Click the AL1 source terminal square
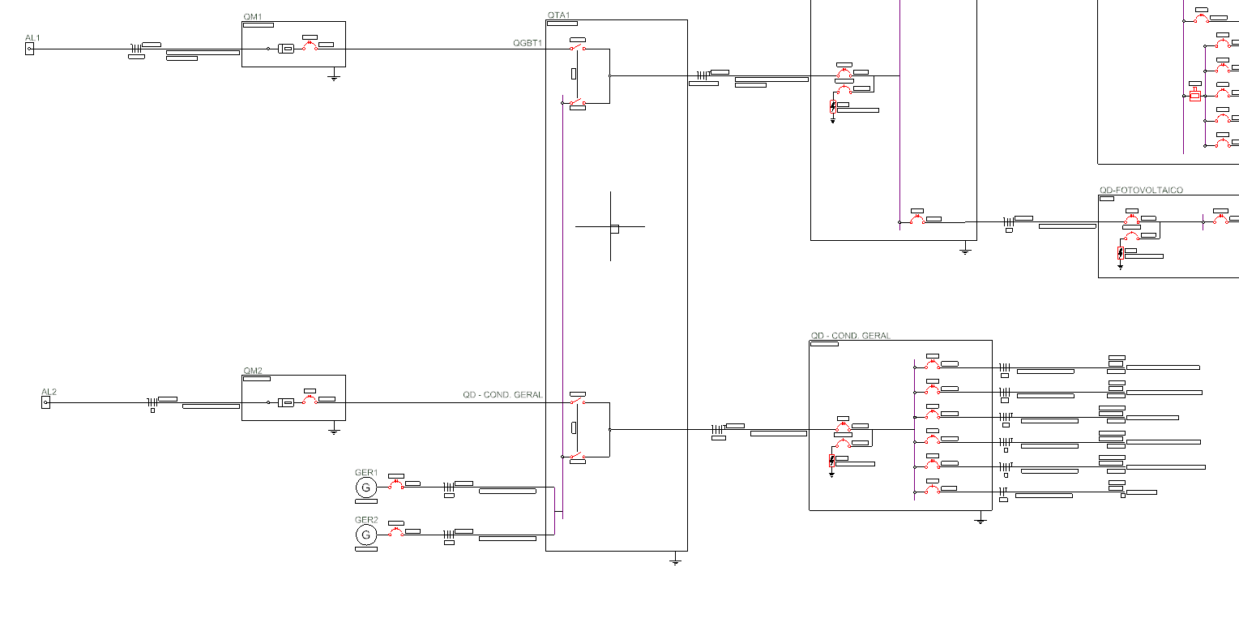pyautogui.click(x=30, y=49)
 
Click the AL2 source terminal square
pyautogui.click(x=46, y=402)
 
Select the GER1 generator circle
pyautogui.click(x=365, y=488)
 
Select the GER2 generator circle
pyautogui.click(x=365, y=535)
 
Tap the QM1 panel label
pyautogui.click(x=253, y=17)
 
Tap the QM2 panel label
pyautogui.click(x=253, y=371)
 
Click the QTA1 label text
pyautogui.click(x=558, y=15)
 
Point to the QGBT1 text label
pyautogui.click(x=528, y=42)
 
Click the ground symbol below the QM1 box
pyautogui.click(x=333, y=77)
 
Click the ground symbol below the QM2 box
pyautogui.click(x=333, y=431)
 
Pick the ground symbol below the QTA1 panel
pyautogui.click(x=675, y=561)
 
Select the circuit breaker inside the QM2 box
pyautogui.click(x=310, y=402)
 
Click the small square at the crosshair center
pyautogui.click(x=614, y=229)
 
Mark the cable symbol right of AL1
pyautogui.click(x=136, y=49)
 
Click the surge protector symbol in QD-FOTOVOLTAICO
pyautogui.click(x=1121, y=255)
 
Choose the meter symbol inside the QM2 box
pyautogui.click(x=286, y=402)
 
